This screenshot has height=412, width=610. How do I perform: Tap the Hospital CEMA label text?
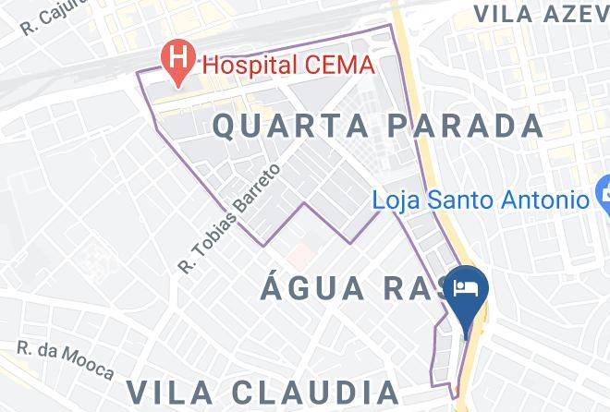287,66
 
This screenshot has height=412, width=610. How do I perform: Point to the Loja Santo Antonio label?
481,199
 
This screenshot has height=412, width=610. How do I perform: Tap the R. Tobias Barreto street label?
229,219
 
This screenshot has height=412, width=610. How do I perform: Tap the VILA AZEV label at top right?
540,13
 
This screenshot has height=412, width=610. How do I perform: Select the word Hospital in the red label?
244,66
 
